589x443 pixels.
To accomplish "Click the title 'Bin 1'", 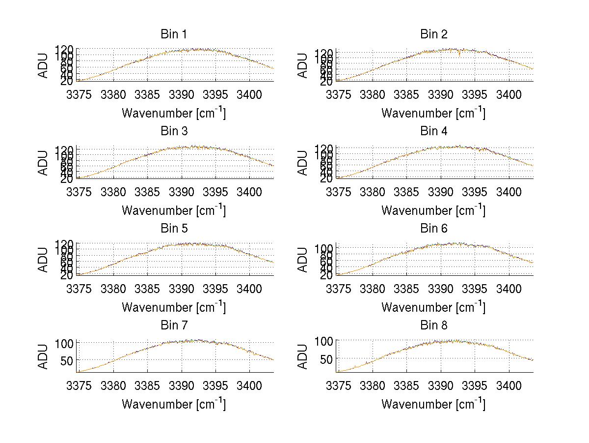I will pos(173,34).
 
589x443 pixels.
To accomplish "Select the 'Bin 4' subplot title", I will pos(434,131).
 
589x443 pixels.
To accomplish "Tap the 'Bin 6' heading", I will pos(434,229).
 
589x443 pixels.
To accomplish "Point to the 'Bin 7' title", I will pos(173,325).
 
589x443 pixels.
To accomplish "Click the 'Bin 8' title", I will pos(434,325).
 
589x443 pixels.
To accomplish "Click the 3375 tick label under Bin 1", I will pos(79,94).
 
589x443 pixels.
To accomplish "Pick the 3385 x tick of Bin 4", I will pos(407,191).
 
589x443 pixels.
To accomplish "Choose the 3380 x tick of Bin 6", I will pos(373,288).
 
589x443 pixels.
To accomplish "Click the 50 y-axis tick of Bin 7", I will pos(67,360).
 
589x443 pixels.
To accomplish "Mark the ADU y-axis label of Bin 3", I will pos(44,163).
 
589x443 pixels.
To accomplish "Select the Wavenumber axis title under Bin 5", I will pos(173,307).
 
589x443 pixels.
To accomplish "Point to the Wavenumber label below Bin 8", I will pos(433,404).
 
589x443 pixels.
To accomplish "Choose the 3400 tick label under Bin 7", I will pos(249,385).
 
